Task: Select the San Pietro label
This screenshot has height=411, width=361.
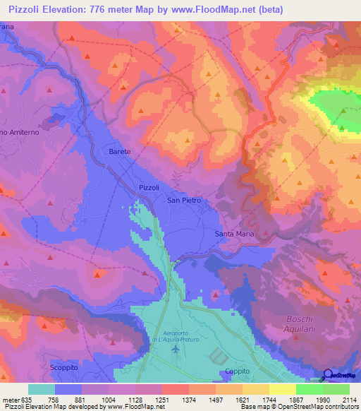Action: [x=183, y=201]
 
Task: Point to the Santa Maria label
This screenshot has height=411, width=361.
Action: [x=233, y=233]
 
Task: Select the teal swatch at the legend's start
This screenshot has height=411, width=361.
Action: [x=41, y=388]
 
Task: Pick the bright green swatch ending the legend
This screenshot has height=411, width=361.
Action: [x=336, y=388]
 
